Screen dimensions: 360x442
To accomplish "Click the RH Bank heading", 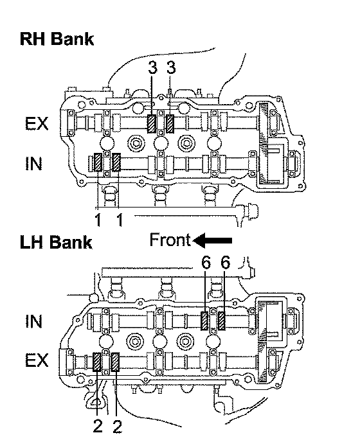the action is click(57, 39).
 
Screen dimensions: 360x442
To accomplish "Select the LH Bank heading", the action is click(56, 242).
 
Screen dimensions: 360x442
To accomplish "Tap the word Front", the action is click(170, 240).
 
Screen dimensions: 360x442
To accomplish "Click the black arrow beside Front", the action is click(212, 240).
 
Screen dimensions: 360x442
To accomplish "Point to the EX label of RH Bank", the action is click(37, 123).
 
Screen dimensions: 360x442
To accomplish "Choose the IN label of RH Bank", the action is click(33, 163).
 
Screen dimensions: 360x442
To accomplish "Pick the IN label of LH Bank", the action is click(33, 321).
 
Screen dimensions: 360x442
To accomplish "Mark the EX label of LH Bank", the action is click(37, 360).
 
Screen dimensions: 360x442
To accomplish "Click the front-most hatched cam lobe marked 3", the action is click(152, 124).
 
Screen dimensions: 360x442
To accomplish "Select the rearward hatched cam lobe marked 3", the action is click(170, 123).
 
